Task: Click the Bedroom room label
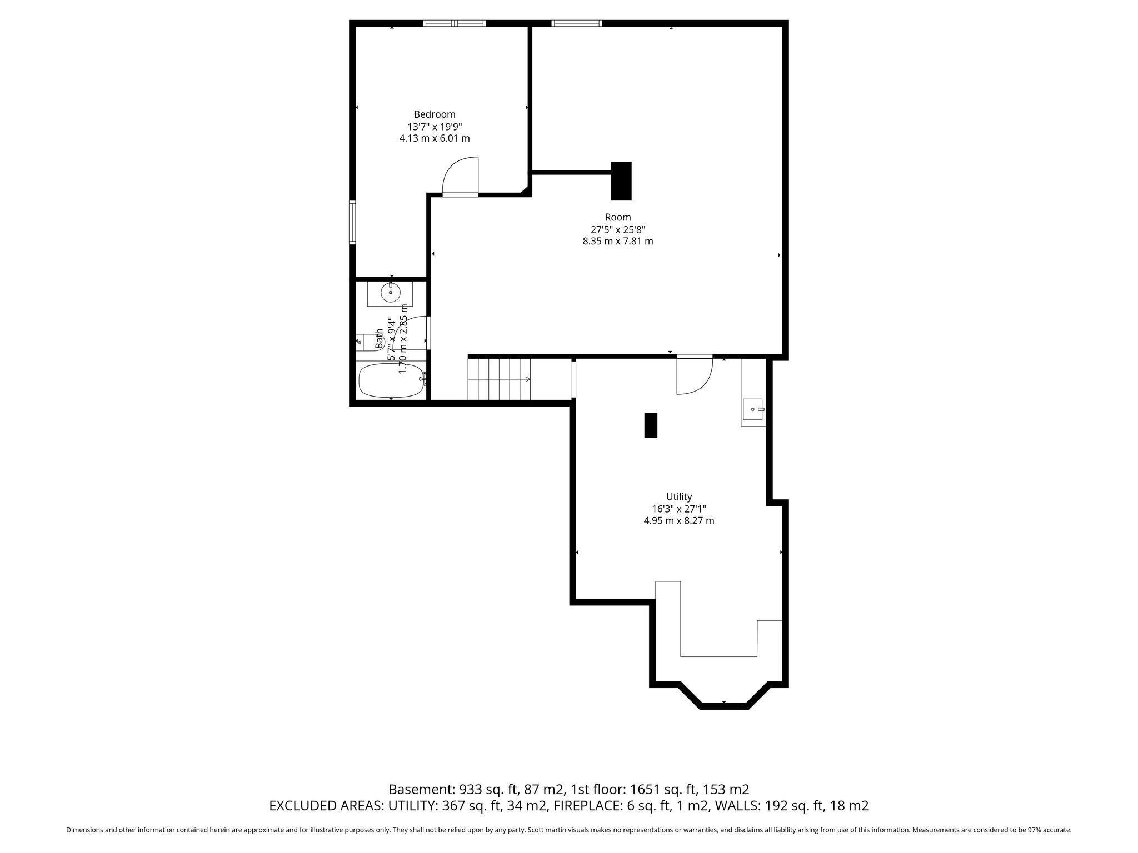click(435, 114)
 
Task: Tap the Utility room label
click(679, 497)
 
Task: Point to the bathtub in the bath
click(392, 380)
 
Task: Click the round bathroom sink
click(391, 292)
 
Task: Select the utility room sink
click(753, 409)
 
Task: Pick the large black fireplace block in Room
click(621, 180)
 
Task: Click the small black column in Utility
click(651, 425)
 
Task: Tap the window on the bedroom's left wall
click(352, 222)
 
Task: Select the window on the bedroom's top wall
click(455, 23)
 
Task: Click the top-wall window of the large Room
click(576, 23)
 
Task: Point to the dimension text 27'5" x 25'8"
click(618, 229)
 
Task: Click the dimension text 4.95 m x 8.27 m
click(679, 521)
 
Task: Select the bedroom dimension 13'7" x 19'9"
click(435, 126)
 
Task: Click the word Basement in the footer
click(421, 789)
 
